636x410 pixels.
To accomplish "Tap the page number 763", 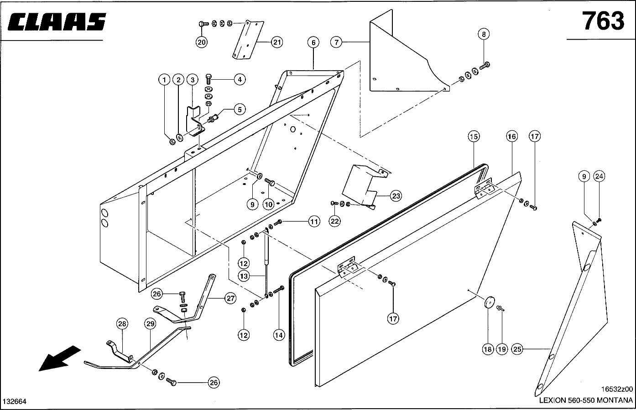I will [603, 21].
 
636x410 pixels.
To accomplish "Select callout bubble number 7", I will [336, 42].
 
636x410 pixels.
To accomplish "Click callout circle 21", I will [276, 42].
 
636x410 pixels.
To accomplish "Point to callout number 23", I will [396, 196].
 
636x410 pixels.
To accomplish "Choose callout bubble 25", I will [517, 349].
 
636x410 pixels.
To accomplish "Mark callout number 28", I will [122, 324].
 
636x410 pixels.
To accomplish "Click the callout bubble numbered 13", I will [244, 276].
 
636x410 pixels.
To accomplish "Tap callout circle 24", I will [599, 176].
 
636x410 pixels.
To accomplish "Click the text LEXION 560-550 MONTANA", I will [586, 401].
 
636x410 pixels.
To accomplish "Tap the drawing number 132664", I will [15, 401].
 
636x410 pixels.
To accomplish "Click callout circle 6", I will [313, 43].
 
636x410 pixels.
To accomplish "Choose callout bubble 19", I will [502, 349].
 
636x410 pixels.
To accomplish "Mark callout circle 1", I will [164, 80].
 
